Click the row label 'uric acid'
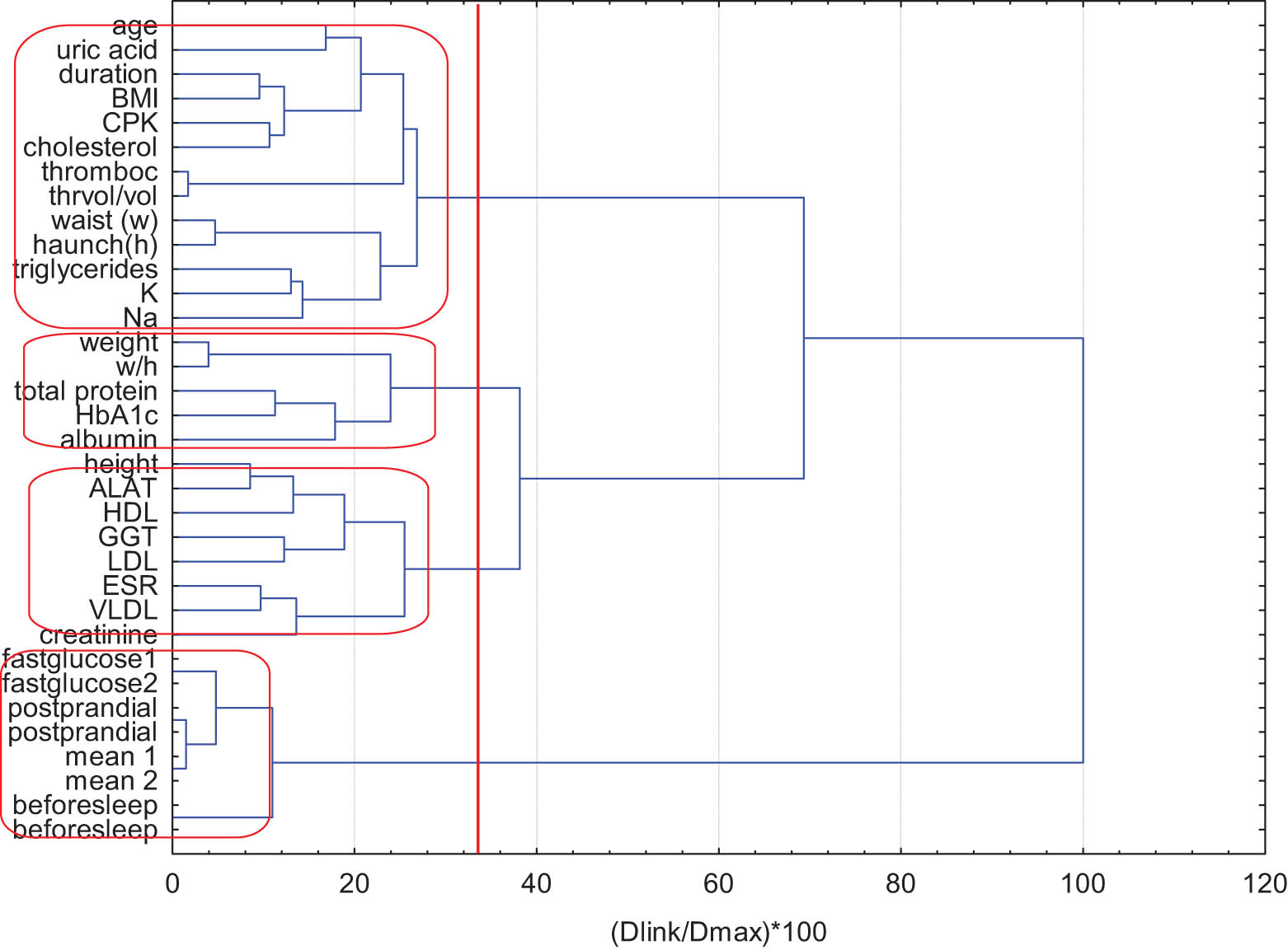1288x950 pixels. pyautogui.click(x=106, y=50)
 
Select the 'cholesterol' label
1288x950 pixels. pyautogui.click(x=90, y=147)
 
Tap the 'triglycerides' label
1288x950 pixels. pyautogui.click(x=85, y=269)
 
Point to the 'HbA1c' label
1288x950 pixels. pyautogui.click(x=116, y=415)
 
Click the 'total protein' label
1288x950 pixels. pyautogui.click(x=86, y=391)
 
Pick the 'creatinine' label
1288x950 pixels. pyautogui.click(x=98, y=635)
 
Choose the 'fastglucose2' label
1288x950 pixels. pyautogui.click(x=79, y=684)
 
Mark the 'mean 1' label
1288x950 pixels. pyautogui.click(x=110, y=756)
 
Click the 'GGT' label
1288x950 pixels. pyautogui.click(x=127, y=537)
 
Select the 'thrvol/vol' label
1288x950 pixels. pyautogui.click(x=102, y=196)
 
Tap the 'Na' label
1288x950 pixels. pyautogui.click(x=140, y=318)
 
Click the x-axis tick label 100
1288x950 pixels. pyautogui.click(x=1082, y=884)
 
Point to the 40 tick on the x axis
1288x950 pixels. pyautogui.click(x=536, y=884)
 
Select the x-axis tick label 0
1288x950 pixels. pyautogui.click(x=172, y=884)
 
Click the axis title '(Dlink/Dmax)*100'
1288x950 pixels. pyautogui.click(x=718, y=932)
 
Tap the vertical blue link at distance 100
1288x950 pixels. pyautogui.click(x=1083, y=550)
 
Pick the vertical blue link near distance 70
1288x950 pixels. pyautogui.click(x=804, y=338)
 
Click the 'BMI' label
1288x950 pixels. pyautogui.click(x=134, y=99)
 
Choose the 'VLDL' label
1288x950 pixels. pyautogui.click(x=123, y=611)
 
